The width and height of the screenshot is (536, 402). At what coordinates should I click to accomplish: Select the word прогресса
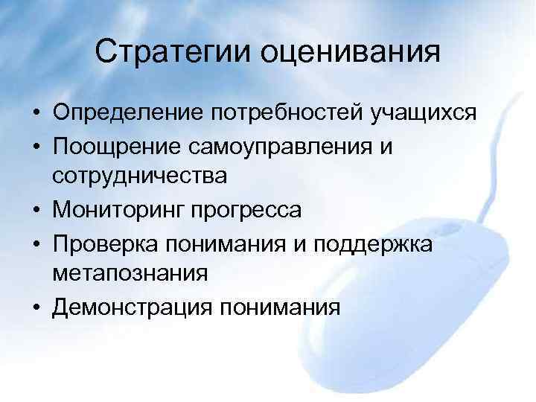250,210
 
